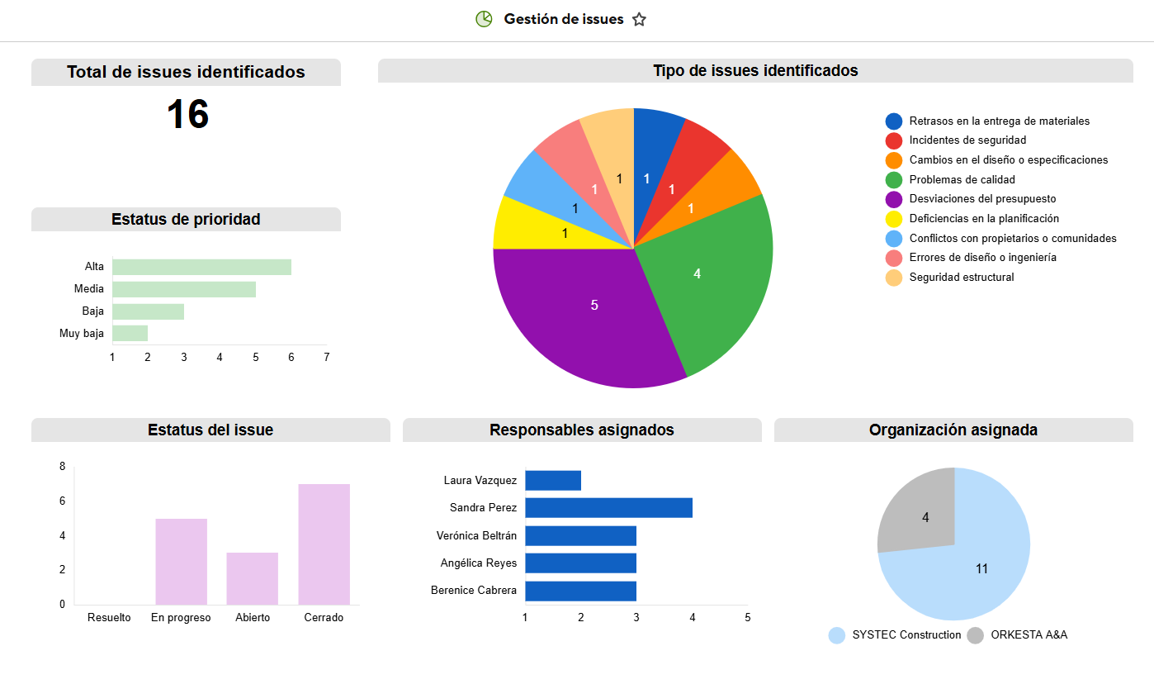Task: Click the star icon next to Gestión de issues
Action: (x=639, y=20)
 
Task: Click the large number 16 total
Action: (x=187, y=115)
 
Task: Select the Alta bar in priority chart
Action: (x=201, y=267)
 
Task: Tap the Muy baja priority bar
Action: (x=130, y=333)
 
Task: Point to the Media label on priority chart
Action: (x=89, y=289)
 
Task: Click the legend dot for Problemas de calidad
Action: (x=894, y=180)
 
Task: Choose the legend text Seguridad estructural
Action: (x=962, y=278)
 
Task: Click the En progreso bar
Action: (x=181, y=561)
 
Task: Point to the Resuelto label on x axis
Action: (x=109, y=618)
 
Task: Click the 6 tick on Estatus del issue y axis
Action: (x=63, y=501)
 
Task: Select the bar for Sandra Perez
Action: (x=608, y=508)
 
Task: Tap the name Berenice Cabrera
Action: (x=474, y=591)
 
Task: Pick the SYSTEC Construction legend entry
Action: (x=896, y=635)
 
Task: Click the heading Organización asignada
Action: (x=953, y=430)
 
